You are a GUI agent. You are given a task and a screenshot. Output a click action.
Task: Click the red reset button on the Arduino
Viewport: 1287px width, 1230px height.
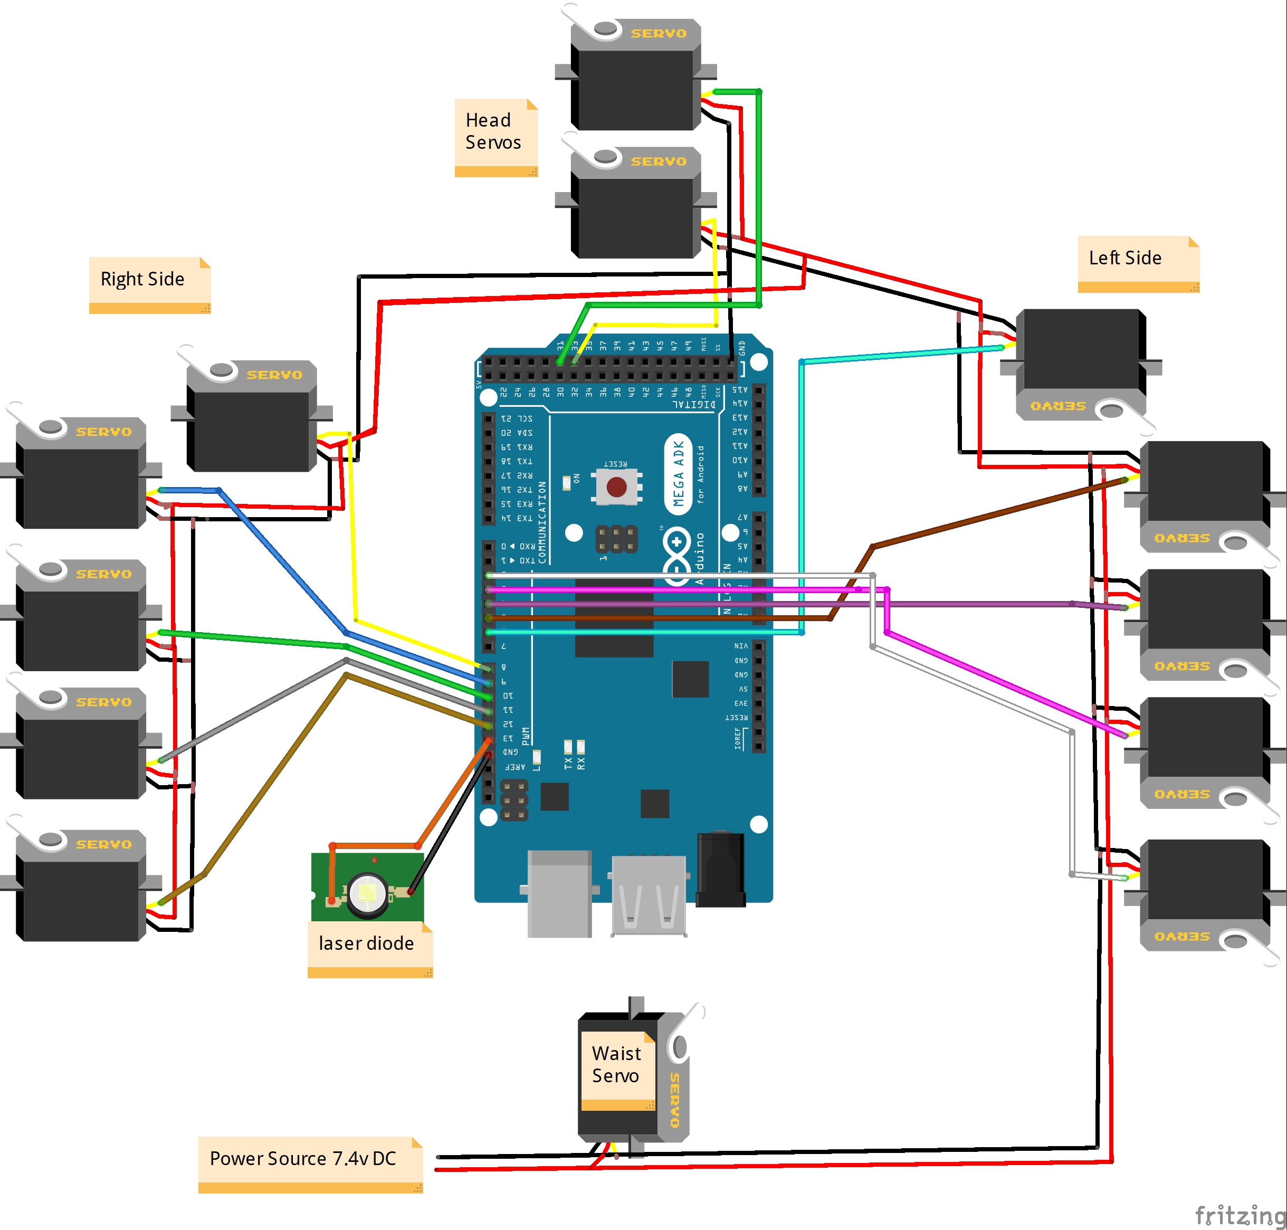616,487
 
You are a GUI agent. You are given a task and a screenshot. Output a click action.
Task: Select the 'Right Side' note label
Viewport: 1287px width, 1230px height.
144,279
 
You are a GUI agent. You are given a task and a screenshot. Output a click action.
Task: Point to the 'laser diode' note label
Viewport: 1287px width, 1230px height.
367,943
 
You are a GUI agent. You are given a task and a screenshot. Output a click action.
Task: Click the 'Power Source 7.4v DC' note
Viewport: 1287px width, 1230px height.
303,1159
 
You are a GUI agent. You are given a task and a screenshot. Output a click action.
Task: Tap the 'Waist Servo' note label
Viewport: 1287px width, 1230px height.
616,1064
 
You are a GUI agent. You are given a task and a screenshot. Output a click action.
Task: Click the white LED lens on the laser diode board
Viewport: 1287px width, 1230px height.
367,892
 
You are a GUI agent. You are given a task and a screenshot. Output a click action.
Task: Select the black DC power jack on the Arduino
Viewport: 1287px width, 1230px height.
720,869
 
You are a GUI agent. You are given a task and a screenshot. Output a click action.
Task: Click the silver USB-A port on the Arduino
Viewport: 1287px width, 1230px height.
649,895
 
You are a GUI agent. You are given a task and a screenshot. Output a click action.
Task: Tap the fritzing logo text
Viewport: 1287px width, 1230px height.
1239,1214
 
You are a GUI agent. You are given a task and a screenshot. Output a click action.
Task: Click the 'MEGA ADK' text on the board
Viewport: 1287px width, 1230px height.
679,473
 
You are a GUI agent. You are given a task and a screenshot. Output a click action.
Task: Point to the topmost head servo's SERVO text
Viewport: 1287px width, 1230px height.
658,33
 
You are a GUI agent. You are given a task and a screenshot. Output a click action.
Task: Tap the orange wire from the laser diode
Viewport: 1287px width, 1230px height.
452,793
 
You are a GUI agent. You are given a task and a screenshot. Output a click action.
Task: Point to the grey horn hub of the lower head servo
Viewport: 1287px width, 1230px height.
605,157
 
